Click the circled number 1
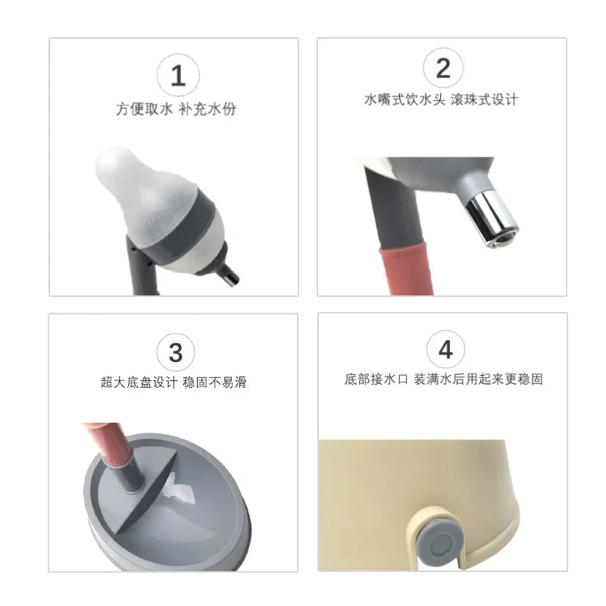click(x=178, y=75)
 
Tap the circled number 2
click(x=443, y=68)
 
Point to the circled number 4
click(x=445, y=349)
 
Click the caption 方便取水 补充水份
click(x=176, y=109)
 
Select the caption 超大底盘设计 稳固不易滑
click(x=173, y=383)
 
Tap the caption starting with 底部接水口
click(x=443, y=380)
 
